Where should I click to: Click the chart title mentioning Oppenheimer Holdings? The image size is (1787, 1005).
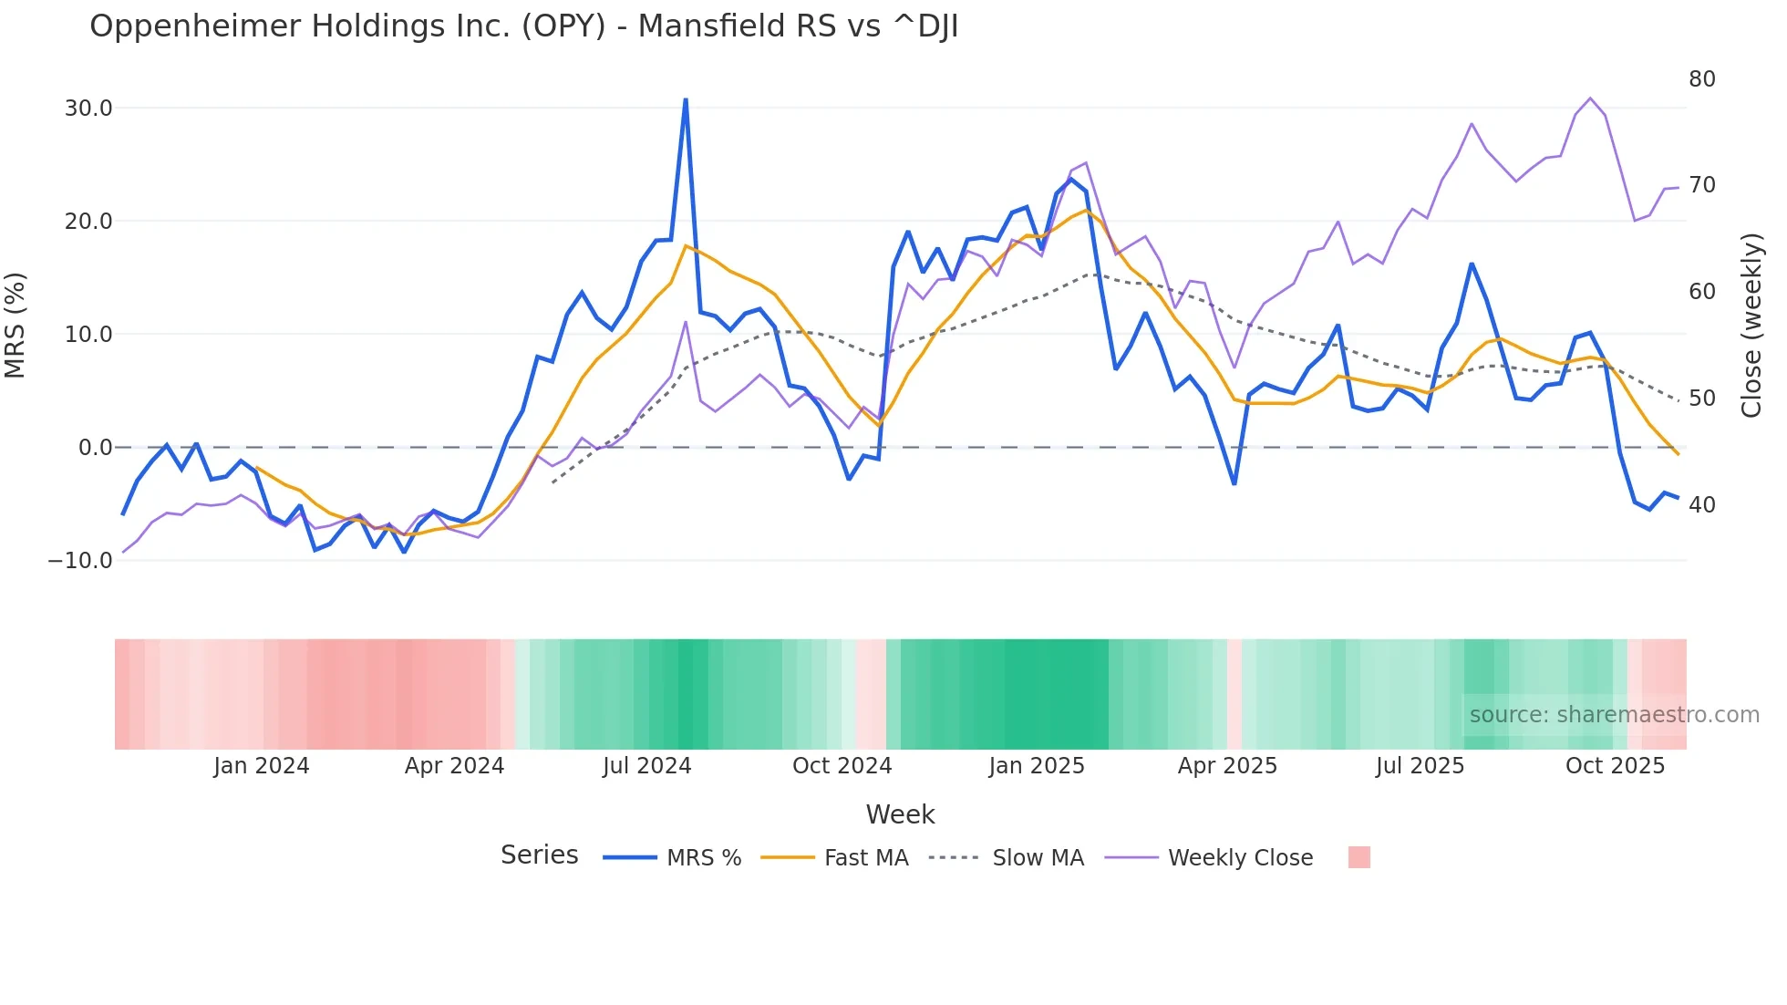[x=523, y=26]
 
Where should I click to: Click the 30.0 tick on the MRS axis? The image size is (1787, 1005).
[x=88, y=109]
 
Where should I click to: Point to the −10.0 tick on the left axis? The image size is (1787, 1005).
[x=80, y=561]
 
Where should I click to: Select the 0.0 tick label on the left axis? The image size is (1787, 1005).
[x=95, y=448]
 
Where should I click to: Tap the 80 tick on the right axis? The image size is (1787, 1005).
[x=1701, y=79]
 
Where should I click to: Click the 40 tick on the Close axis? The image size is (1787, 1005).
[x=1701, y=504]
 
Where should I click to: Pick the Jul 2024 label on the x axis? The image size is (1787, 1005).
[x=646, y=766]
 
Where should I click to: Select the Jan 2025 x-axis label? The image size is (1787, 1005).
[x=1037, y=766]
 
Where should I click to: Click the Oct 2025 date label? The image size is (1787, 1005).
[x=1615, y=766]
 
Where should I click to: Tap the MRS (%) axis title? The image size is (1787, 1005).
[x=15, y=326]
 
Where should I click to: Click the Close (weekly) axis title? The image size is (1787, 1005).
[x=1751, y=326]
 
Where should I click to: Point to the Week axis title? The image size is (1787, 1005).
[x=900, y=814]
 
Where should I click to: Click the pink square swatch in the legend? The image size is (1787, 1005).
[x=1358, y=857]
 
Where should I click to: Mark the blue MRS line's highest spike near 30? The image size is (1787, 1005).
[x=686, y=99]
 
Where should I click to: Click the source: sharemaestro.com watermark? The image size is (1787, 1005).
[x=1614, y=715]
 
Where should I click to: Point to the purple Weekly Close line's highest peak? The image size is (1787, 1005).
[x=1590, y=98]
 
